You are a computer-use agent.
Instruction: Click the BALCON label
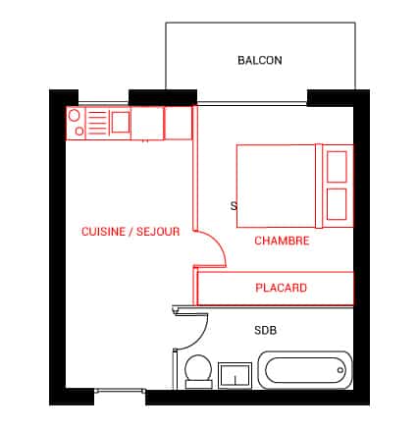(260, 60)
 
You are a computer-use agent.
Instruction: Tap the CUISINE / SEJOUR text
(131, 232)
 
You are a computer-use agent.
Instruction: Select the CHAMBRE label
(282, 241)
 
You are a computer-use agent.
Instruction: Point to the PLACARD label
(281, 288)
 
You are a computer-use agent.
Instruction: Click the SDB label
(265, 330)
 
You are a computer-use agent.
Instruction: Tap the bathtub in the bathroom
(305, 370)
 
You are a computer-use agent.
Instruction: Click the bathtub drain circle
(340, 370)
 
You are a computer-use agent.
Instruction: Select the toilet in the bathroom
(198, 371)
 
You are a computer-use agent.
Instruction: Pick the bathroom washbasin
(235, 375)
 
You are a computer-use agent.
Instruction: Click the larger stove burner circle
(75, 116)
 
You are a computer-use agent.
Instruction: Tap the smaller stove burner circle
(79, 132)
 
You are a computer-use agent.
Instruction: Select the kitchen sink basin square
(121, 122)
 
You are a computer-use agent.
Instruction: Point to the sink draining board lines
(97, 123)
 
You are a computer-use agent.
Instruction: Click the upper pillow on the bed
(337, 167)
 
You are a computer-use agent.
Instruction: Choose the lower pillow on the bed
(337, 204)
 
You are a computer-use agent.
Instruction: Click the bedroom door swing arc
(217, 242)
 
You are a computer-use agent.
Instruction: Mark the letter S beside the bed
(234, 206)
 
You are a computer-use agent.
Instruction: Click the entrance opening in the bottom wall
(120, 391)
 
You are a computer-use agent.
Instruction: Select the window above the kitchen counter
(103, 104)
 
